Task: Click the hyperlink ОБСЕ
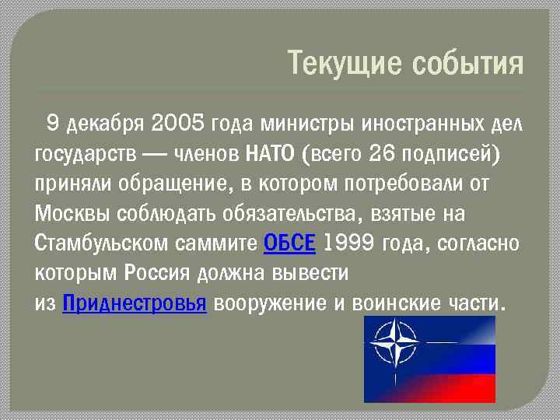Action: pos(289,243)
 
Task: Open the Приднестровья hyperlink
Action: pos(133,303)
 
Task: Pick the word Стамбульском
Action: pos(100,243)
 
